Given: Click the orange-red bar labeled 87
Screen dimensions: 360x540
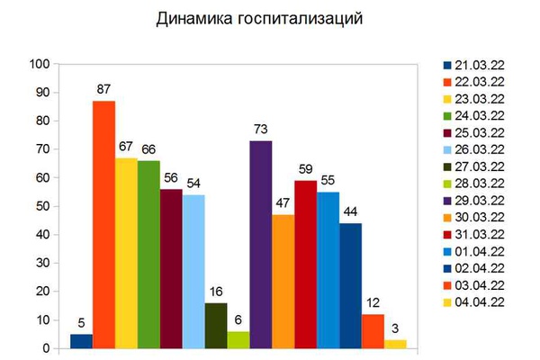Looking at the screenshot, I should tap(103, 225).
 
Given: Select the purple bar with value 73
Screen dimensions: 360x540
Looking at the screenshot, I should tap(261, 245).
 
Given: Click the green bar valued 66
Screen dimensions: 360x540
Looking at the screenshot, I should tap(148, 255).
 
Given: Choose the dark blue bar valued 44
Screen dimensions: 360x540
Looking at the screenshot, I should tap(351, 286).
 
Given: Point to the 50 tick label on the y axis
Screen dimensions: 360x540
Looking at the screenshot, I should tap(43, 206).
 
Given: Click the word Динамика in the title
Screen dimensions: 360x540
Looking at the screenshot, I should tap(195, 19).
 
